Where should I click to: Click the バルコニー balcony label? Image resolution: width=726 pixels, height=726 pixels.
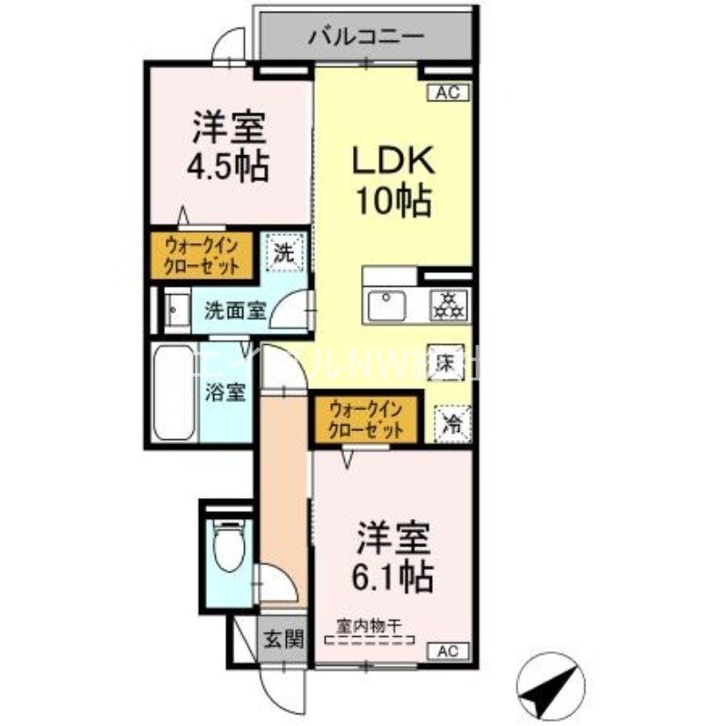pyautogui.click(x=366, y=37)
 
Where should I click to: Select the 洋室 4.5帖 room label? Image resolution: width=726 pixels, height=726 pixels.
pyautogui.click(x=229, y=145)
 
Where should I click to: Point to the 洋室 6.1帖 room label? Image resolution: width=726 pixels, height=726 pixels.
pyautogui.click(x=393, y=555)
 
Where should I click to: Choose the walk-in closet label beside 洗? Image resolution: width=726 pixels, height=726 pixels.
pyautogui.click(x=201, y=255)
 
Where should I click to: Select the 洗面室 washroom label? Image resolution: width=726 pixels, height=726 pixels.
pyautogui.click(x=234, y=309)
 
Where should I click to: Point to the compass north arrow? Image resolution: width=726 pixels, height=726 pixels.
pyautogui.click(x=555, y=683)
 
